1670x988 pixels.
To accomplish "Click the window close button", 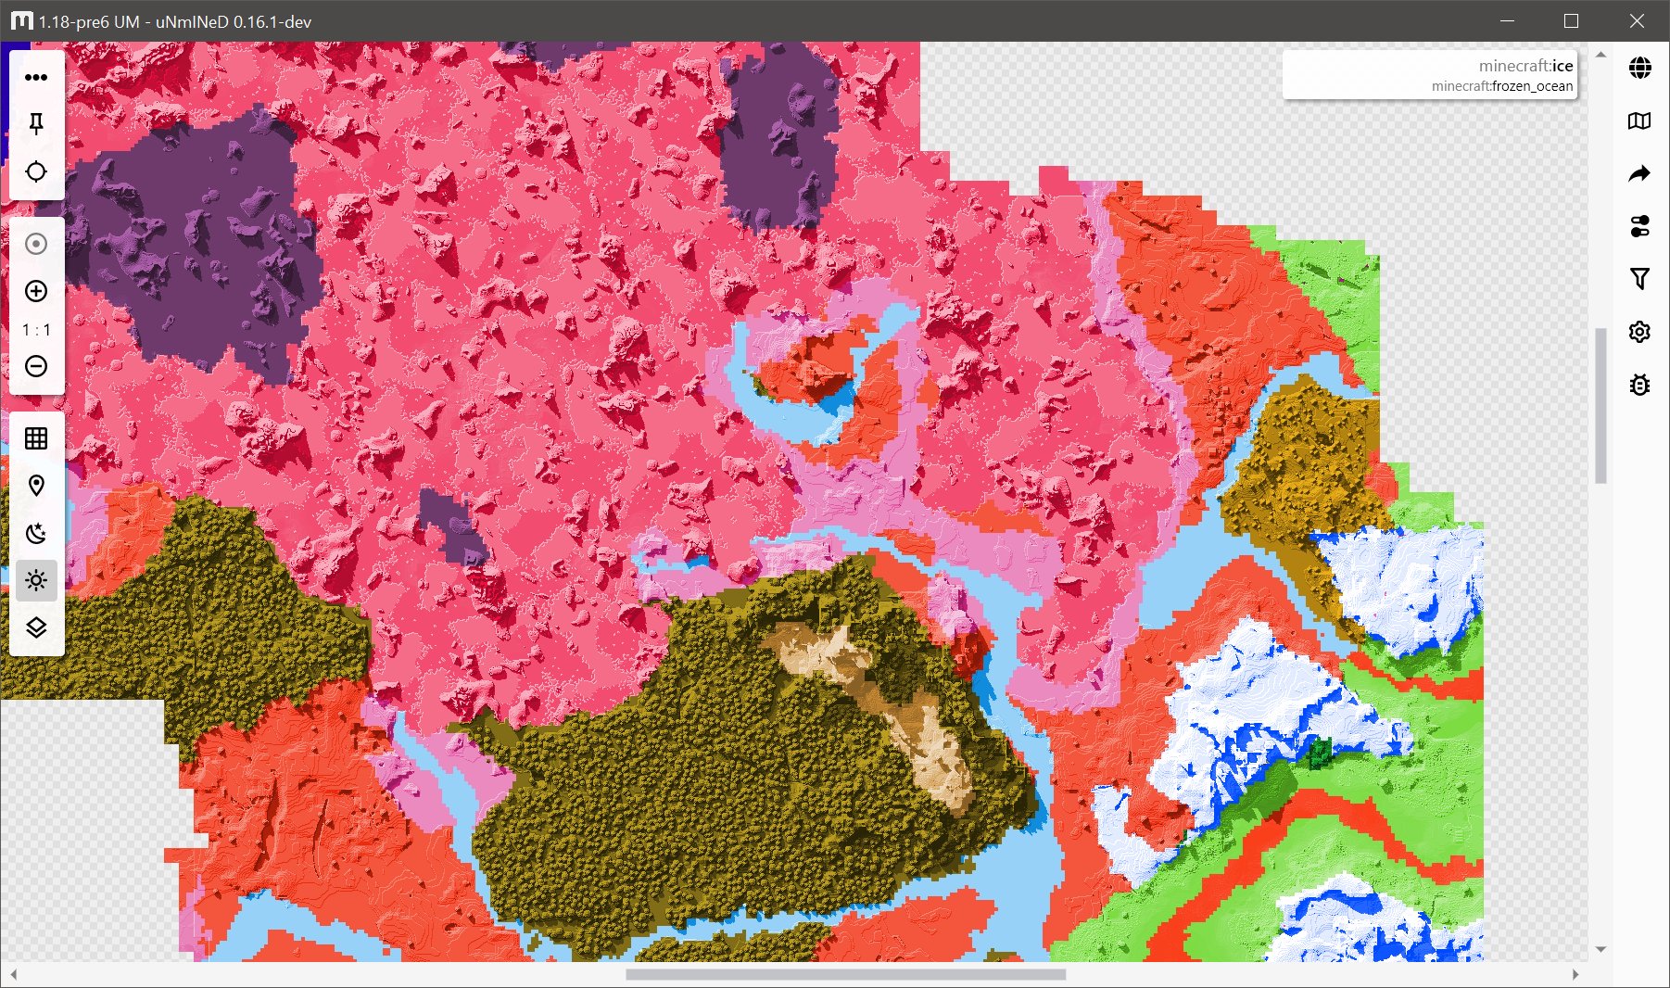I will coord(1637,21).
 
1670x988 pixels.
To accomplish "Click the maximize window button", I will coord(1571,21).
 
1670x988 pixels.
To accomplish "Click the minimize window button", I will coord(1507,21).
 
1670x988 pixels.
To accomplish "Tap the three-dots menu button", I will coord(36,77).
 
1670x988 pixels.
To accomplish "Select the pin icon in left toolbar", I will coord(36,124).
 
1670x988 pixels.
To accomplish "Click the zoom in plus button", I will coord(36,291).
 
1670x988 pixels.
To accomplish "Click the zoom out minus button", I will coord(36,366).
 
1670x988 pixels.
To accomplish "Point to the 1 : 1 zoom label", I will coord(36,330).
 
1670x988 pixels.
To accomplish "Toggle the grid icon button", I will coord(36,438).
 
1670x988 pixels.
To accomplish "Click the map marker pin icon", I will coord(36,486).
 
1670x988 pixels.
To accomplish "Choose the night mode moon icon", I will coord(36,533).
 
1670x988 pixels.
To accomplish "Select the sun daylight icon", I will coord(36,580).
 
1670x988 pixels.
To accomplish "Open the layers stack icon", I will coord(36,627).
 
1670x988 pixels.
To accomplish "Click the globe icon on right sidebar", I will coord(1639,68).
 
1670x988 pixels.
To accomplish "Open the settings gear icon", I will coord(1639,332).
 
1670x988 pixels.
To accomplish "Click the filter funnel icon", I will coord(1639,278).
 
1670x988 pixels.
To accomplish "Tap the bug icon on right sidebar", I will coord(1639,385).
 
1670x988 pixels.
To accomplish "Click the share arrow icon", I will coord(1639,173).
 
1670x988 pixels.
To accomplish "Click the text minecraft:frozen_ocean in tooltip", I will coord(1501,86).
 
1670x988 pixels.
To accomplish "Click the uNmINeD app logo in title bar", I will coord(20,21).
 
